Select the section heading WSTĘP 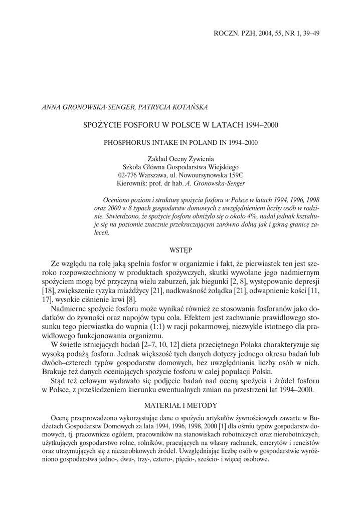click(181, 248)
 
